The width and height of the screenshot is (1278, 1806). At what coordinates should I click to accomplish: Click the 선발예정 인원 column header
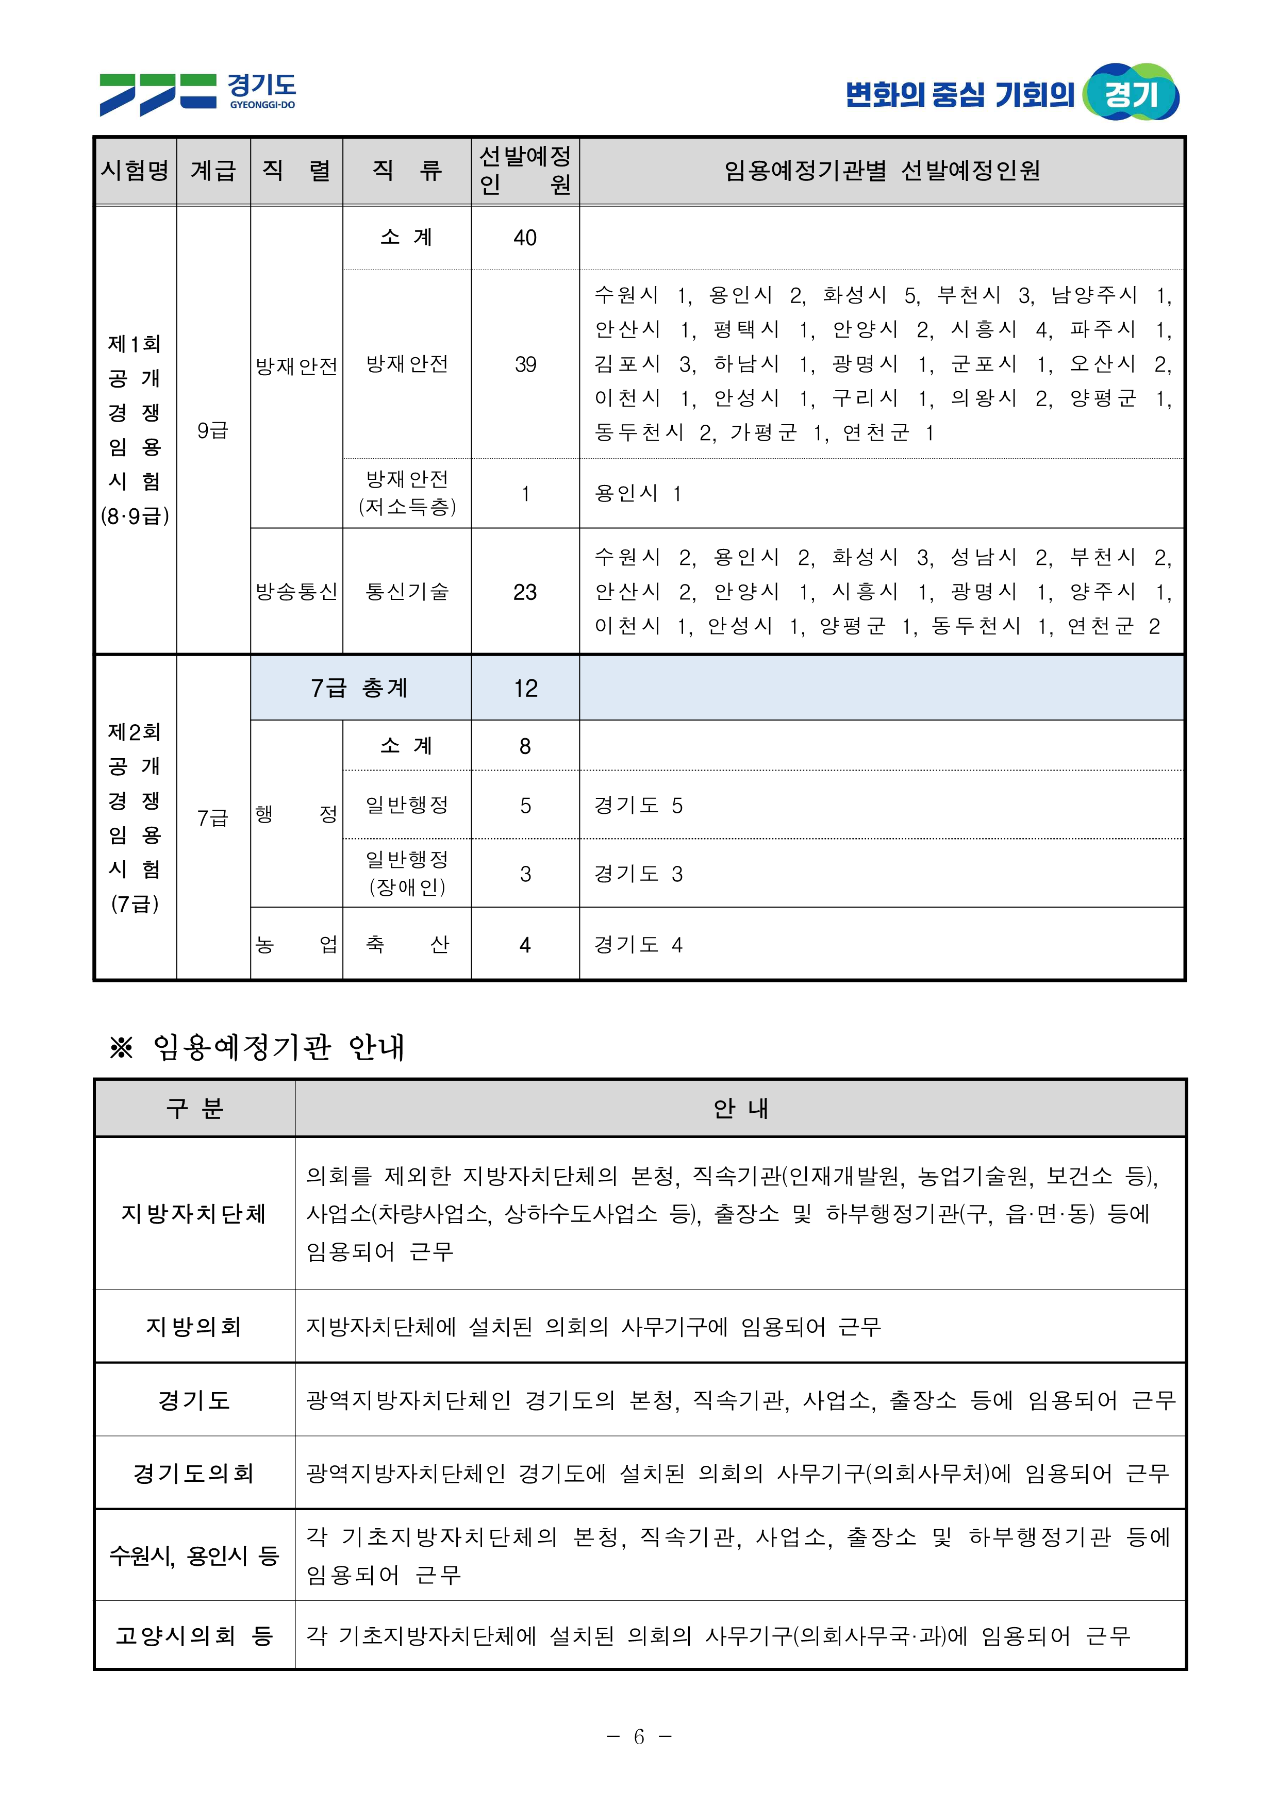tap(525, 170)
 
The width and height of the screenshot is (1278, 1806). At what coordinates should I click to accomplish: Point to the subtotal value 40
tap(525, 238)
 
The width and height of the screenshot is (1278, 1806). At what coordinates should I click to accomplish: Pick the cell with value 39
tap(525, 364)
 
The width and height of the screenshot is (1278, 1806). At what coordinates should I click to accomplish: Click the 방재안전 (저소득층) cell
tap(407, 493)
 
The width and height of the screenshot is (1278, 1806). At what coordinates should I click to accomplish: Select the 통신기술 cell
tap(407, 592)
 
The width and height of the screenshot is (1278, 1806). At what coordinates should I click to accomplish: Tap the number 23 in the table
tap(525, 592)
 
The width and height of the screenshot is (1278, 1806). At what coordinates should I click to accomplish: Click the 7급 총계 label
tap(360, 688)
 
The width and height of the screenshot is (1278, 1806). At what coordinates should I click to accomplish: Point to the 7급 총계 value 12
tap(525, 688)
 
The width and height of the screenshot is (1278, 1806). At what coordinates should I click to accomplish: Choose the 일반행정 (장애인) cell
tap(407, 873)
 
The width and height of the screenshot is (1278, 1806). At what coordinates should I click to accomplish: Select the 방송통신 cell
tap(296, 592)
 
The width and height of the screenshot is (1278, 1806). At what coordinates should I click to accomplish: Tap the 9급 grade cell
tap(212, 430)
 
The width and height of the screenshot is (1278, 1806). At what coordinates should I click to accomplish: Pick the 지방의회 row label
tap(194, 1326)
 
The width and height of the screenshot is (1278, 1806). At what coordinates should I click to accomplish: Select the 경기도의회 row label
tap(194, 1473)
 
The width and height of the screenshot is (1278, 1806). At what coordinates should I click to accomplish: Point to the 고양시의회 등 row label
tap(194, 1635)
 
